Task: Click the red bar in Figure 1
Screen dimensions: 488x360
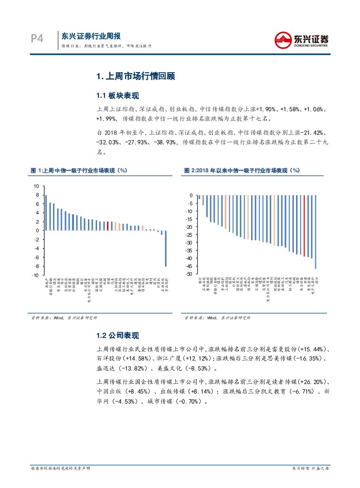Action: click(x=108, y=226)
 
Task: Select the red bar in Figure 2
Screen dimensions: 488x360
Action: click(x=304, y=226)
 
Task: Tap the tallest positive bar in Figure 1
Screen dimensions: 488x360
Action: click(x=46, y=213)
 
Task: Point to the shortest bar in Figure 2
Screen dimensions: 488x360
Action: click(x=199, y=197)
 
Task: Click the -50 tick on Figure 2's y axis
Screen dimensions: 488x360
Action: click(x=189, y=274)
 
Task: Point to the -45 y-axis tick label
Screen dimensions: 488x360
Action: click(x=189, y=266)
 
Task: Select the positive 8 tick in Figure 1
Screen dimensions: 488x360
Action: click(x=37, y=195)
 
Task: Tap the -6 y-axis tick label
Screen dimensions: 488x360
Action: click(x=37, y=257)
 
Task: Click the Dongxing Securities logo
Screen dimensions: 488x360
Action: click(x=300, y=40)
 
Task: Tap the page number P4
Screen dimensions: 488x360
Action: click(x=38, y=39)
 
